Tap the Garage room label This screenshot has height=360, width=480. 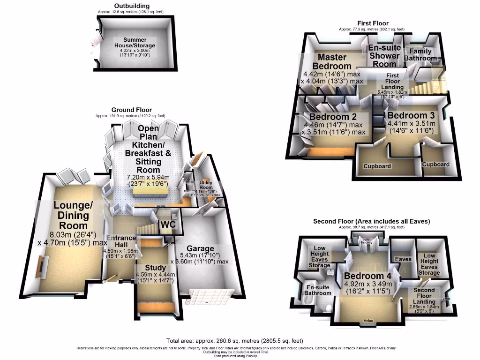pos(200,248)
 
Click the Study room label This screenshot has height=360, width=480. pos(154,267)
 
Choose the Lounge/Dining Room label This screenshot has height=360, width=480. pos(71,215)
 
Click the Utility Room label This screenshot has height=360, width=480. pos(205,184)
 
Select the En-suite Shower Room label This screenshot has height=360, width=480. pos(384,56)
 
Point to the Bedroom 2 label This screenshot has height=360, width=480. pos(333,116)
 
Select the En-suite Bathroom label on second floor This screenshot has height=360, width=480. pos(318,290)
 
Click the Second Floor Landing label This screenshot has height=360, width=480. pos(424,296)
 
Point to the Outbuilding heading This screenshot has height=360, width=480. pos(131,6)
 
